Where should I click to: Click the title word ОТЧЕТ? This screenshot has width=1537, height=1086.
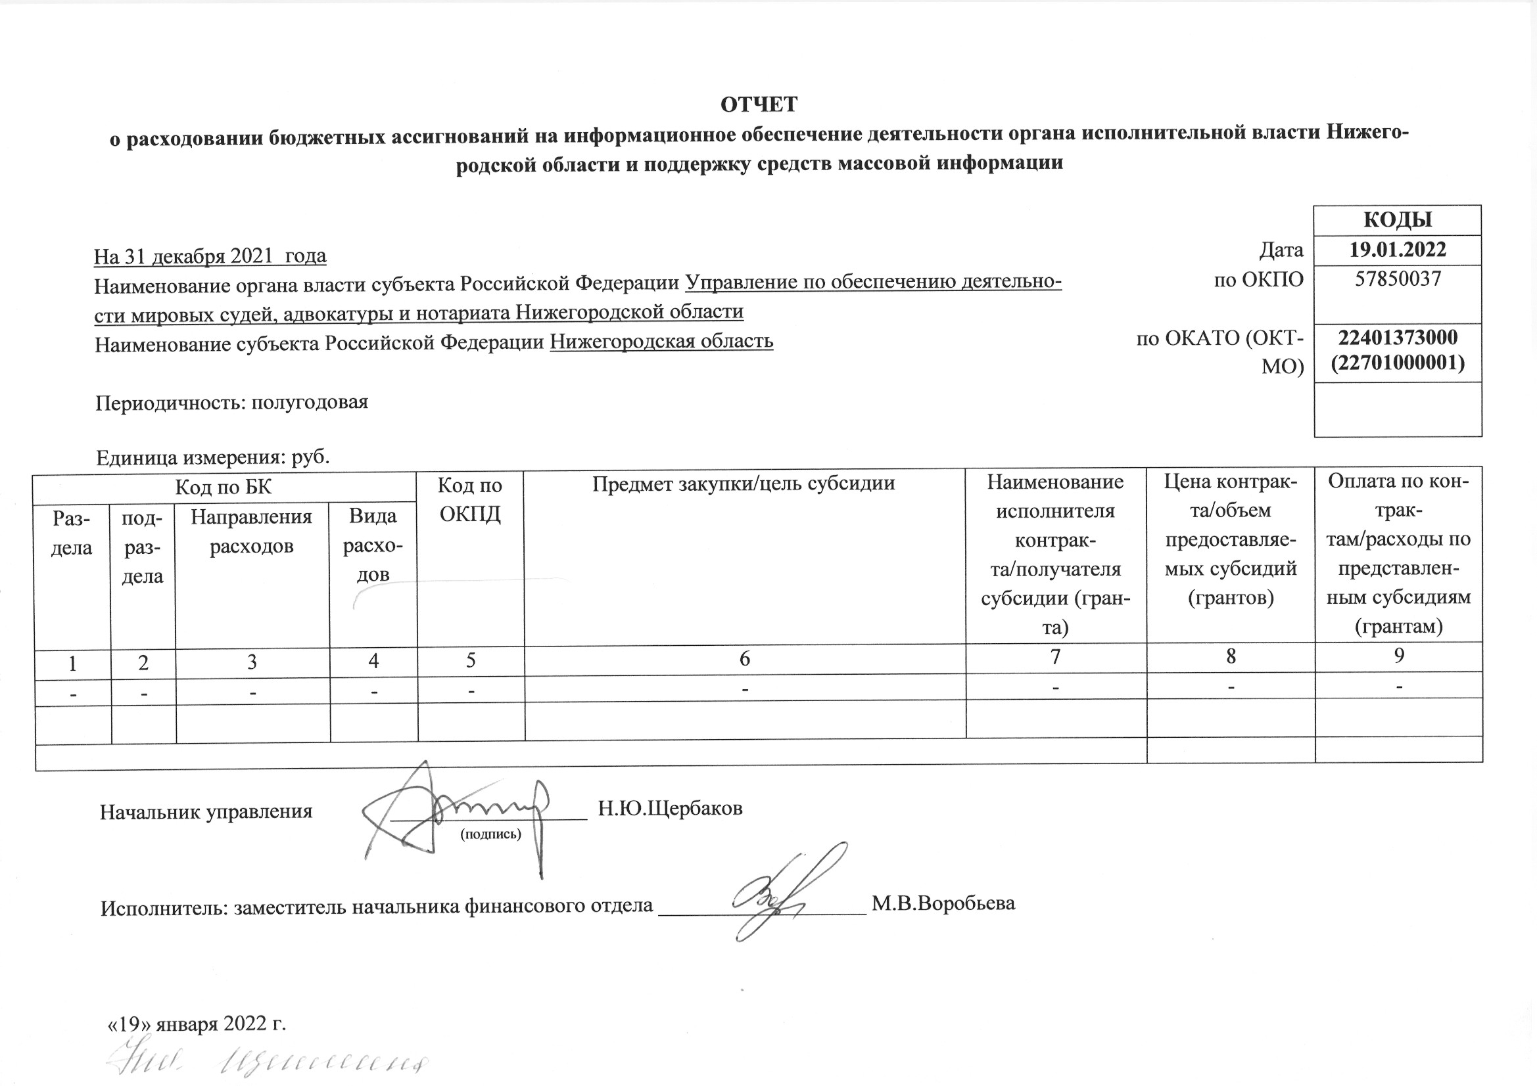(x=759, y=105)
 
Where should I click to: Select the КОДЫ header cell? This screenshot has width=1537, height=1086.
(x=1397, y=220)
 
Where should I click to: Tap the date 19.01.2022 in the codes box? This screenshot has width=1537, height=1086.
(x=1397, y=250)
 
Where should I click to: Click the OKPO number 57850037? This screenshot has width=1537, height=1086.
(x=1397, y=279)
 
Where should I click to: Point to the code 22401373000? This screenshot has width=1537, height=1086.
(x=1397, y=336)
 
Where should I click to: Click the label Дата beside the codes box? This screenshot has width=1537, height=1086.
(x=1281, y=250)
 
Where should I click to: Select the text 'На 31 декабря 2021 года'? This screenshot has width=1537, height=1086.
(x=210, y=256)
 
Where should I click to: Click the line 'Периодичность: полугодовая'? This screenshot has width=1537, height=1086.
(x=231, y=402)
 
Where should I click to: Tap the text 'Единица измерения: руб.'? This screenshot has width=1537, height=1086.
(x=213, y=458)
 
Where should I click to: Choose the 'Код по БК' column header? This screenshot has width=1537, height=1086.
(x=224, y=486)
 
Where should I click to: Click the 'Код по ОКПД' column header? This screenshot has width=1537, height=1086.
(x=470, y=499)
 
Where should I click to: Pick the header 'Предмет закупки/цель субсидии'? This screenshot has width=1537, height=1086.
(x=743, y=483)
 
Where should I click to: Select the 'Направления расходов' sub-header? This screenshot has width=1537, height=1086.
(x=252, y=532)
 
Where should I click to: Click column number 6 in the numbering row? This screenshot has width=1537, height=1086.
(x=744, y=660)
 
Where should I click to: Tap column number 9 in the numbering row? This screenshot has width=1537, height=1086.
(x=1398, y=656)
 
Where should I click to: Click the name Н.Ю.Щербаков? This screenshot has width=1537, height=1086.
(x=670, y=808)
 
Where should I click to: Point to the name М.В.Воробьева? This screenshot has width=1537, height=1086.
(x=943, y=903)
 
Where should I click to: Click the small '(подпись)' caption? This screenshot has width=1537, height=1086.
(x=490, y=834)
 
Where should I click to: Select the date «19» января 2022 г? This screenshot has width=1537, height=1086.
(x=197, y=1024)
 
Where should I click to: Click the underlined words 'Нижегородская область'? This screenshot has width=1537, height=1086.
(x=661, y=341)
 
